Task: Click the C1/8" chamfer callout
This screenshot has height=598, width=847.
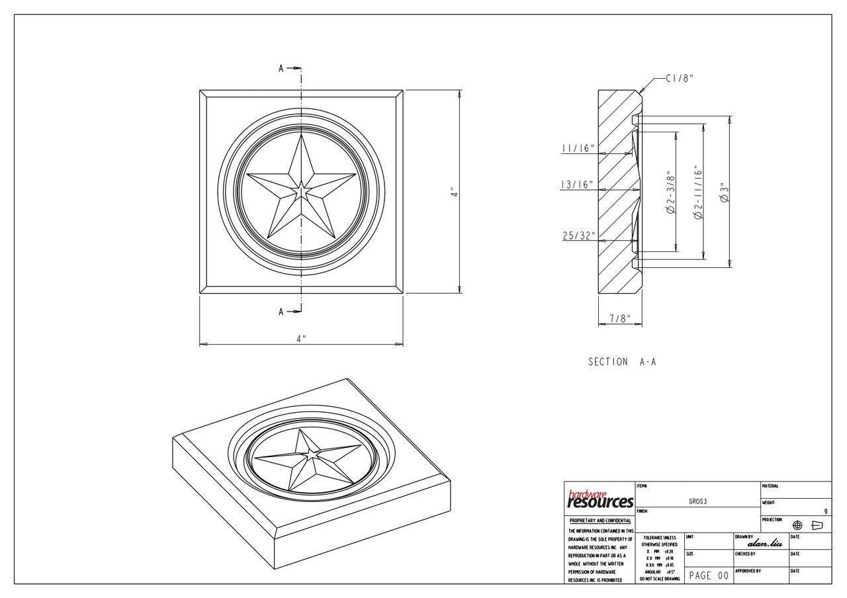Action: click(x=679, y=78)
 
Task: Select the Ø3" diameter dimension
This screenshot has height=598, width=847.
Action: click(x=724, y=192)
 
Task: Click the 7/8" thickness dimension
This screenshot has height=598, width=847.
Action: click(x=619, y=319)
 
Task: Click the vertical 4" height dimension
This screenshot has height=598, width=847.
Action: click(x=454, y=192)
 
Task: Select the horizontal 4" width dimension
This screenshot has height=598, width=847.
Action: click(x=301, y=339)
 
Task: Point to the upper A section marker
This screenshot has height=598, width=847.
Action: click(x=282, y=68)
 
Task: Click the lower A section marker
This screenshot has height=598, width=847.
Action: click(x=282, y=312)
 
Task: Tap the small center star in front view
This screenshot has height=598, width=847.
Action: click(x=301, y=191)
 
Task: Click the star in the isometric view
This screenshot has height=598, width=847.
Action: click(x=306, y=459)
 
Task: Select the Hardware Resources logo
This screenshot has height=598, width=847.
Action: click(x=600, y=500)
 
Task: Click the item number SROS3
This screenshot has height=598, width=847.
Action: click(x=697, y=501)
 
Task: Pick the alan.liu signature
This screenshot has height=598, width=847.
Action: click(x=764, y=544)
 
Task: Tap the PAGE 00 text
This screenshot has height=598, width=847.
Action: click(x=708, y=576)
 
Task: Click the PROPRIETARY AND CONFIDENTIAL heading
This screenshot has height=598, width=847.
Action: click(x=600, y=521)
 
